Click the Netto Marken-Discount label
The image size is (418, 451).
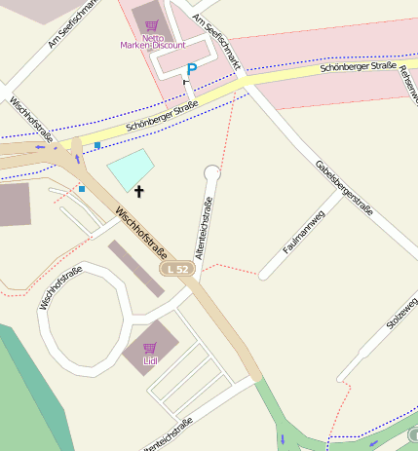click(x=153, y=45)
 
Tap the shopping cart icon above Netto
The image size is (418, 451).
click(x=151, y=27)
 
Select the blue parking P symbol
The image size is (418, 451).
click(x=192, y=69)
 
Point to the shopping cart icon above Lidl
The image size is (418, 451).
click(x=150, y=348)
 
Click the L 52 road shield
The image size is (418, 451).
click(x=178, y=268)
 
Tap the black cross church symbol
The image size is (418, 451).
click(x=139, y=191)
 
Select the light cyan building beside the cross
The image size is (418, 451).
click(x=131, y=170)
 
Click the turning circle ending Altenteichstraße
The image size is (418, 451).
click(x=212, y=173)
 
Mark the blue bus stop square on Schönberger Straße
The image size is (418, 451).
click(x=97, y=145)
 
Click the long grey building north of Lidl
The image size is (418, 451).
click(x=135, y=268)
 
